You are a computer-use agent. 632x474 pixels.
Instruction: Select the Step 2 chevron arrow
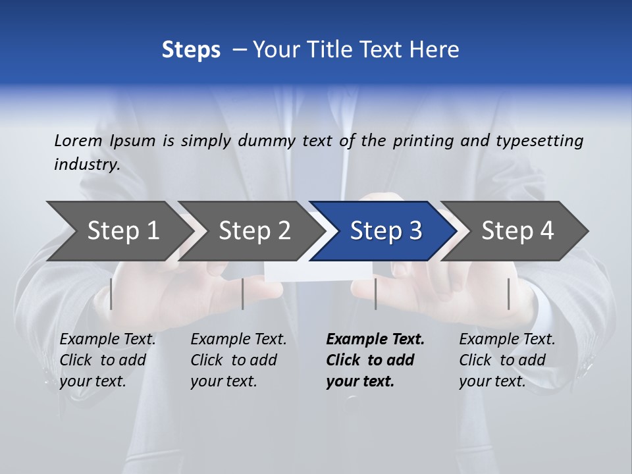point(253,230)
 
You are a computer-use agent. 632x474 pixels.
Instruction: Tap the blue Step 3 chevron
point(385,230)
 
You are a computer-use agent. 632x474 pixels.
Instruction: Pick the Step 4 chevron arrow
point(517,230)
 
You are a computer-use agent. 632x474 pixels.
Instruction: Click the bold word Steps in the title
point(191,49)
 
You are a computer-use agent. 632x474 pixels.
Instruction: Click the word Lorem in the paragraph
point(78,140)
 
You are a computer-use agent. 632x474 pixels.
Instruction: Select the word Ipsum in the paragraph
point(132,140)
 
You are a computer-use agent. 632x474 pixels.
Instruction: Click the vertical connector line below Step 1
point(111,294)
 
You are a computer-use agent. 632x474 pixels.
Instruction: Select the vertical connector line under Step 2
point(243,294)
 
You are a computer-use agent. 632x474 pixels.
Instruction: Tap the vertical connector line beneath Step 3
point(375,294)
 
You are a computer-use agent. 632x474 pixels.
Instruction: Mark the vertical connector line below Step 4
point(508,294)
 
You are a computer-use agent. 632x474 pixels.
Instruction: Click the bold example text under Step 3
point(375,360)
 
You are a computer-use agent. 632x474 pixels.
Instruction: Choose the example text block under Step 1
point(107,360)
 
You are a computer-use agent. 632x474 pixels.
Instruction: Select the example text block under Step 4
point(507,360)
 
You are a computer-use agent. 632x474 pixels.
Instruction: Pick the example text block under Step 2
point(238,360)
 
